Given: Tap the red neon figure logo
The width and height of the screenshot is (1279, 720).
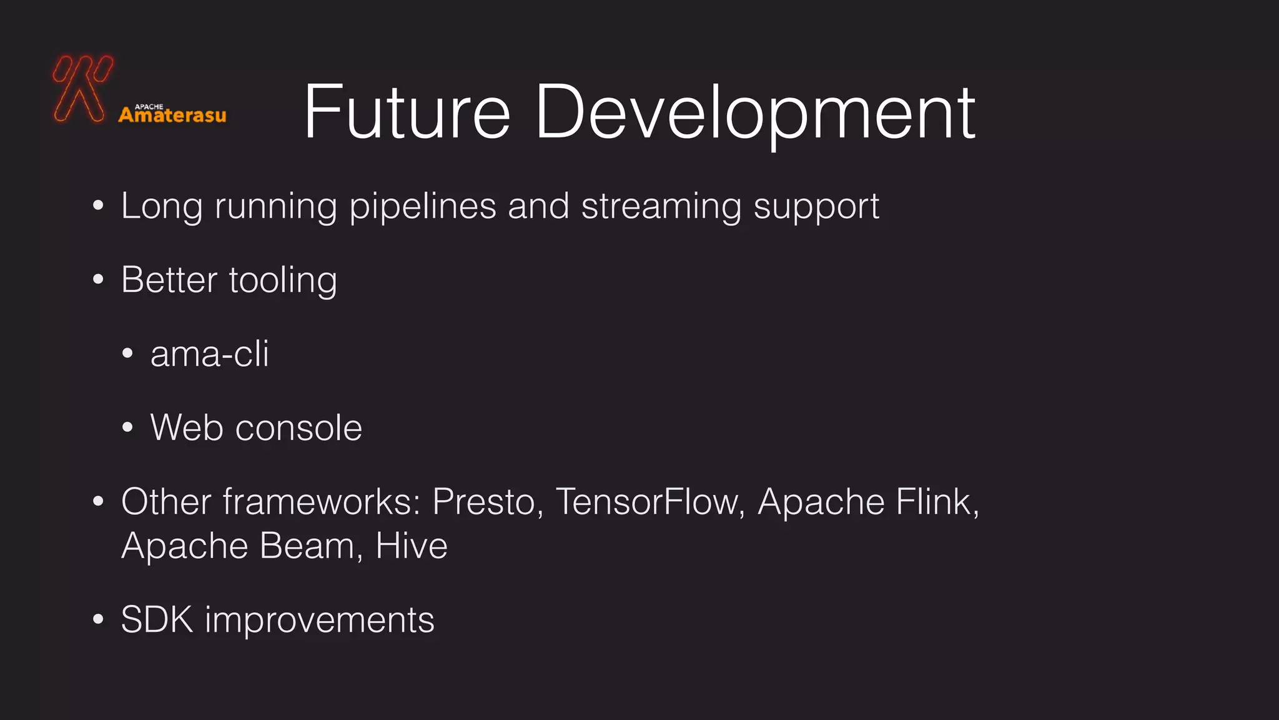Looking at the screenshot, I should click(82, 87).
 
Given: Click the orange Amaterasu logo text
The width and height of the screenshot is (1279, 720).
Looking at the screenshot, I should click(172, 116).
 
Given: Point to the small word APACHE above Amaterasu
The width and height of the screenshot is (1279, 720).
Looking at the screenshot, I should click(149, 106).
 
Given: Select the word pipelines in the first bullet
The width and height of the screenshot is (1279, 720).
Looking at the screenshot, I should click(423, 206).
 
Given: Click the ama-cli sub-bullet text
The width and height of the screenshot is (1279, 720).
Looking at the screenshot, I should click(210, 354).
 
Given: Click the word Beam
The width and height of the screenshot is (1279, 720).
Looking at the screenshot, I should click(307, 546).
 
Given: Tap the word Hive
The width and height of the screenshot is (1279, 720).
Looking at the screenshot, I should click(412, 546).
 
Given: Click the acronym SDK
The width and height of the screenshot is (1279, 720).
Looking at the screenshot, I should click(157, 620).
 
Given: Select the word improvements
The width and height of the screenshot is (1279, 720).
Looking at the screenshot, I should click(319, 620).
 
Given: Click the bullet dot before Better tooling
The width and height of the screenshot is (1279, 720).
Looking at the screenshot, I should click(98, 280).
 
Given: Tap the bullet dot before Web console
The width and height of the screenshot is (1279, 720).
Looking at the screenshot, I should click(128, 428).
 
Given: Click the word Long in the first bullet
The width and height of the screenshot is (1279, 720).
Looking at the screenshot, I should click(162, 206).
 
